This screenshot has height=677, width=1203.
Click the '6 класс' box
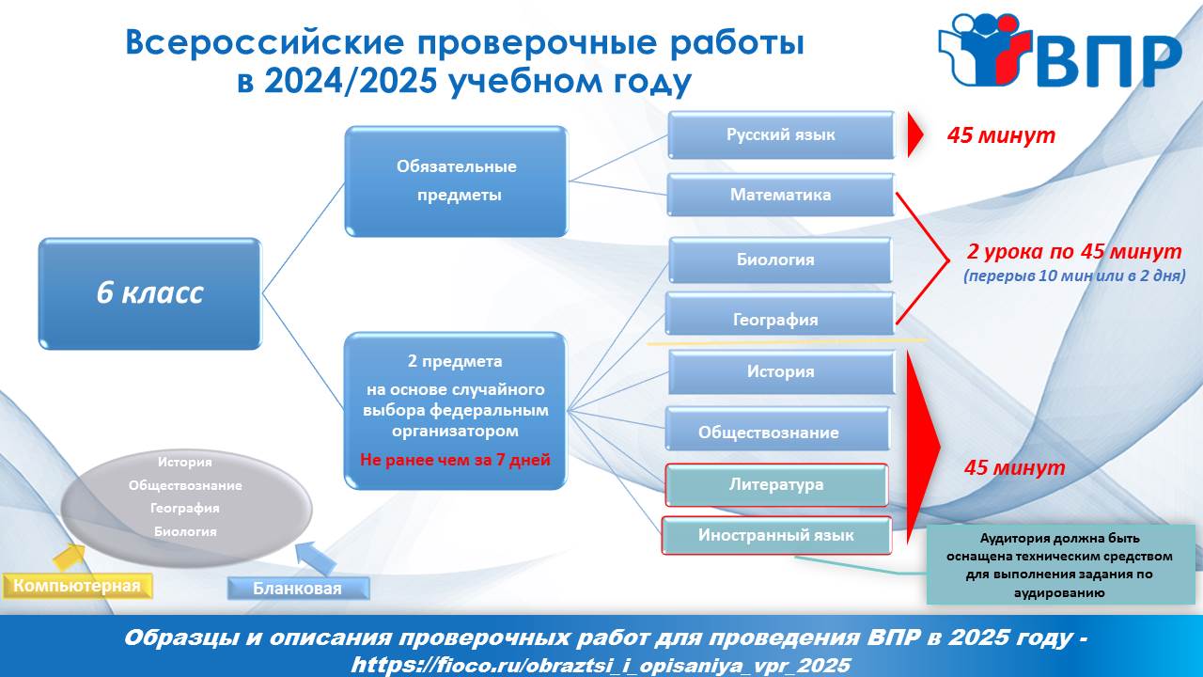(149, 293)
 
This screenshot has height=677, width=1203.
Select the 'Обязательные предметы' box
(456, 181)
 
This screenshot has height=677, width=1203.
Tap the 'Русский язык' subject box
(781, 134)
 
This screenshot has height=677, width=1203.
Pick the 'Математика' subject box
(781, 195)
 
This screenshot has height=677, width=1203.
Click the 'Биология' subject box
(780, 260)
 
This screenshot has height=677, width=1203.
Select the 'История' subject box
(781, 372)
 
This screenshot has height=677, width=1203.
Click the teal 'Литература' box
(776, 485)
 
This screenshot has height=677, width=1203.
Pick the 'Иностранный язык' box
(776, 536)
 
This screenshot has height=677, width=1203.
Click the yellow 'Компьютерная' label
(77, 586)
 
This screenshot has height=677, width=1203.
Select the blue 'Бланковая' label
(298, 589)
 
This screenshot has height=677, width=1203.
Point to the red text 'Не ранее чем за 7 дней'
(455, 460)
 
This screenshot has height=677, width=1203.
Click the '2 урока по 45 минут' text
(1074, 252)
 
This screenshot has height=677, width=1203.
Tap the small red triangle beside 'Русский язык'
(914, 134)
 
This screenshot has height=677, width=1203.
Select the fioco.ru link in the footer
(601, 665)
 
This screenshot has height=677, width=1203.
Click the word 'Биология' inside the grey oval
(185, 532)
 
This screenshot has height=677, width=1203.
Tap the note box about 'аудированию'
(1061, 565)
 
